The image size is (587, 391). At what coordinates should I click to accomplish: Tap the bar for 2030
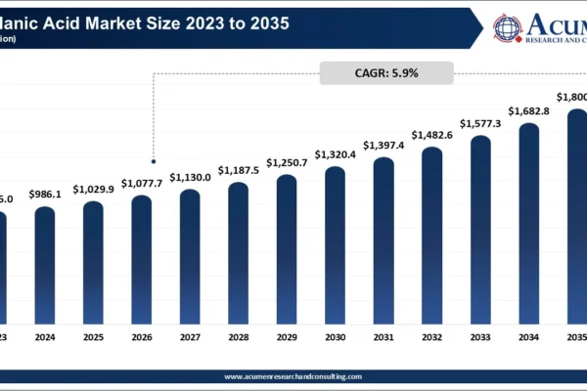pyautogui.click(x=335, y=245)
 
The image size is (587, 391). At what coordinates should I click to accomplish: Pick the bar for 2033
pyautogui.click(x=479, y=230)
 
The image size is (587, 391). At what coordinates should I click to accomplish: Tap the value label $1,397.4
pyautogui.click(x=383, y=145)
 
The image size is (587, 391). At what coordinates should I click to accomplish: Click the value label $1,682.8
pyautogui.click(x=527, y=110)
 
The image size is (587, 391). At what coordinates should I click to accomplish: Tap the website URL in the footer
pyautogui.click(x=293, y=376)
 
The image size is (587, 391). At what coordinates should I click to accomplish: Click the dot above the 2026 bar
pyautogui.click(x=153, y=161)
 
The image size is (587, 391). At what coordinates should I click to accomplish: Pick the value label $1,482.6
pyautogui.click(x=431, y=134)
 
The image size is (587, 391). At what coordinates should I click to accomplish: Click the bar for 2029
pyautogui.click(x=287, y=250)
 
